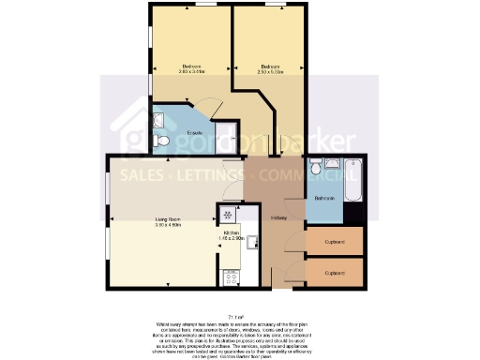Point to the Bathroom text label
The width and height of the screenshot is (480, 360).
pos(325,199)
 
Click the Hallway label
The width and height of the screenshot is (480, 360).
pos(278,219)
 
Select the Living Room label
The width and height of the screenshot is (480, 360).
pos(169,220)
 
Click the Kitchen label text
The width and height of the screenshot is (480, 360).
pos(231,232)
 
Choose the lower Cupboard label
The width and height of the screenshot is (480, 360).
pos(334,273)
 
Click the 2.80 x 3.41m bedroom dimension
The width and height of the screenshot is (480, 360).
pos(192,71)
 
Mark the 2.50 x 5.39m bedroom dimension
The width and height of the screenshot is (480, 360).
pos(270,71)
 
